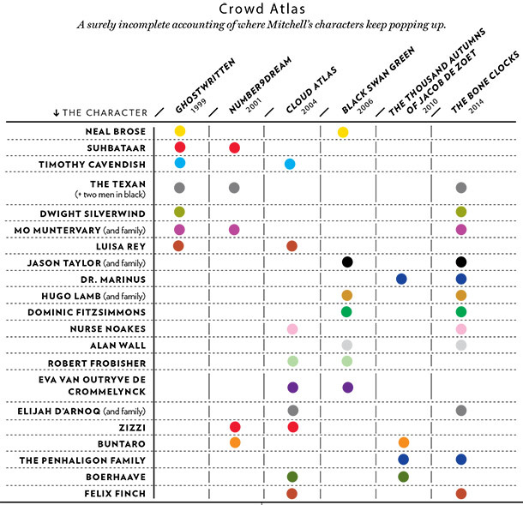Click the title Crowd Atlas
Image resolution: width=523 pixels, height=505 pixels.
point(261,9)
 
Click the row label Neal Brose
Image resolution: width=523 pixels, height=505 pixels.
point(116,131)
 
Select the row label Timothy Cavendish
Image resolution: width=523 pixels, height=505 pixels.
point(92,165)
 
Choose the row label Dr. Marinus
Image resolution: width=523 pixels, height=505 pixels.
point(113,280)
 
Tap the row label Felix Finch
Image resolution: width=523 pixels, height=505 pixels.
point(115,493)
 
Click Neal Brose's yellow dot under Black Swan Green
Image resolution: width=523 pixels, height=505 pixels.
point(343,132)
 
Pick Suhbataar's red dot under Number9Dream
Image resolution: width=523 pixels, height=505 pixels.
point(234,147)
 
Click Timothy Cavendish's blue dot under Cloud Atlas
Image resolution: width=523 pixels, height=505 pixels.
point(290,164)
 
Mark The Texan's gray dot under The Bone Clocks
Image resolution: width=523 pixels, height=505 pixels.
point(461,188)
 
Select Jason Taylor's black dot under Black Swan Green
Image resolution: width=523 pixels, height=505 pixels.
point(347,262)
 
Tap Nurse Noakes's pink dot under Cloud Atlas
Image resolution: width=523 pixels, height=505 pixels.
point(292,329)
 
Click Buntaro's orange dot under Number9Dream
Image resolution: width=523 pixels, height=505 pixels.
point(235,442)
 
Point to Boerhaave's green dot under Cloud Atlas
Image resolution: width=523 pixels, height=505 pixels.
point(292,477)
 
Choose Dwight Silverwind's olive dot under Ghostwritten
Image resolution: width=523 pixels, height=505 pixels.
point(179,212)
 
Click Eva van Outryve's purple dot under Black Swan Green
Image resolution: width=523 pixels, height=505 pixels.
point(348,388)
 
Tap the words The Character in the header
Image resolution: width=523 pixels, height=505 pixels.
point(105,112)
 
